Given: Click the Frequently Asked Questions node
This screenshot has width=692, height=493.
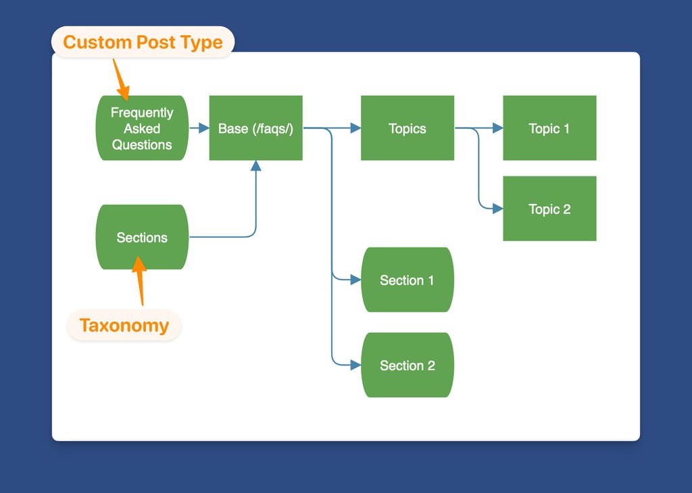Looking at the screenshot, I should [x=142, y=128].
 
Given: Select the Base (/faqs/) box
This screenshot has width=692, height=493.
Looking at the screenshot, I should [x=255, y=128].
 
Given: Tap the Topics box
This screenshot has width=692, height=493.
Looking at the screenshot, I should [x=407, y=128].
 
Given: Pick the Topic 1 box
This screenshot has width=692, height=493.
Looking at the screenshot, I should [x=549, y=128].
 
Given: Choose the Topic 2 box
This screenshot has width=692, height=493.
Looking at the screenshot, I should [x=549, y=209].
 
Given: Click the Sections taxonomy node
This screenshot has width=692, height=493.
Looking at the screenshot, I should [x=142, y=237].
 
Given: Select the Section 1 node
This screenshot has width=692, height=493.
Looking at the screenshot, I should [x=407, y=280].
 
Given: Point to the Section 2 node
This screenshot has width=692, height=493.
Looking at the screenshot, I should [x=407, y=365].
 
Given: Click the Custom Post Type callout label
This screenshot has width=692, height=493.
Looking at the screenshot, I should [x=143, y=42].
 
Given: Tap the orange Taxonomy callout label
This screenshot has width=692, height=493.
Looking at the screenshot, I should [x=124, y=326].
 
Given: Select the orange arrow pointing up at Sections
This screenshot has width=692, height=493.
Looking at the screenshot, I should [x=140, y=280].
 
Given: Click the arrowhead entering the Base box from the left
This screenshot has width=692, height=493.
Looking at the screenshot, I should [x=203, y=128].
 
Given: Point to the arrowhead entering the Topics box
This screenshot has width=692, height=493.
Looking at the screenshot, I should [x=355, y=128].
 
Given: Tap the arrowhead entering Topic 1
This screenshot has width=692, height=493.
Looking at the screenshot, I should [x=497, y=128].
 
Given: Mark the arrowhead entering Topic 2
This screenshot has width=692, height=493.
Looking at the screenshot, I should [x=497, y=209].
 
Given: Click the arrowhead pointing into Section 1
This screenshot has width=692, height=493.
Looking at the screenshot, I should [x=355, y=280].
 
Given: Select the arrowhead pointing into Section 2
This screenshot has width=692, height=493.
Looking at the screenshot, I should [x=355, y=365].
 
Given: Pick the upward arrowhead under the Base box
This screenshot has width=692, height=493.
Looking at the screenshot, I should [x=255, y=166].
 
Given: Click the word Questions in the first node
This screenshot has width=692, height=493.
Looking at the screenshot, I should [x=142, y=145].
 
